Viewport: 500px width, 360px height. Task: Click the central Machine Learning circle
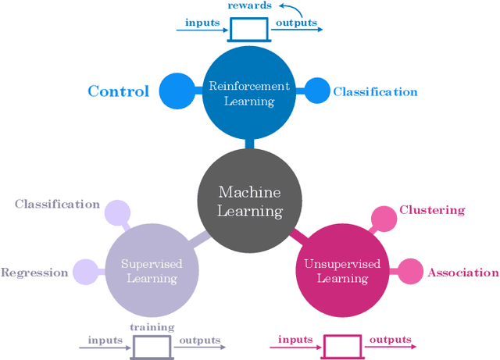point(249,201)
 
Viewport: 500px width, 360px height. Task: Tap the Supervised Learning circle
point(149,270)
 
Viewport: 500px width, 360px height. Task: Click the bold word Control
point(118,91)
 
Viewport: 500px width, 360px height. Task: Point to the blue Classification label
point(375,92)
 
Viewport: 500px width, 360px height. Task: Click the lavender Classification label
point(57,205)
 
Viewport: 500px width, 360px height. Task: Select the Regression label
point(35,273)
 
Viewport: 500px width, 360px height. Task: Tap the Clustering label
point(432,210)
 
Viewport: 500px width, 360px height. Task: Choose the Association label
point(462,273)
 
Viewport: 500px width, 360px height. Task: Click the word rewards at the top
point(250,5)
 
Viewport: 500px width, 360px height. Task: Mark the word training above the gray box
point(152,326)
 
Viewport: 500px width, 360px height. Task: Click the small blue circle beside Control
point(176,91)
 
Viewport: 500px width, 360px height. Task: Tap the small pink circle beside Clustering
point(384,219)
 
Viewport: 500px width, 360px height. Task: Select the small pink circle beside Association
point(409,272)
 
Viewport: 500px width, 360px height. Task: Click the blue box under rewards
point(250,30)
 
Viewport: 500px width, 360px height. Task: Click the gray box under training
point(152,345)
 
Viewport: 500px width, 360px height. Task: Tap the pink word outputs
point(389,340)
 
